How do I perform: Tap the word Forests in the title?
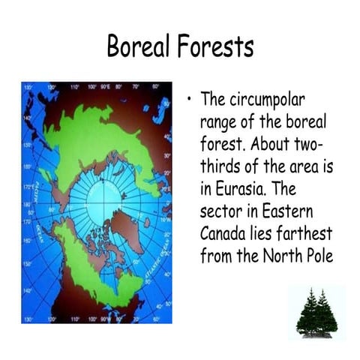click(214, 47)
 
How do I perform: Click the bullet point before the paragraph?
click(190, 99)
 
